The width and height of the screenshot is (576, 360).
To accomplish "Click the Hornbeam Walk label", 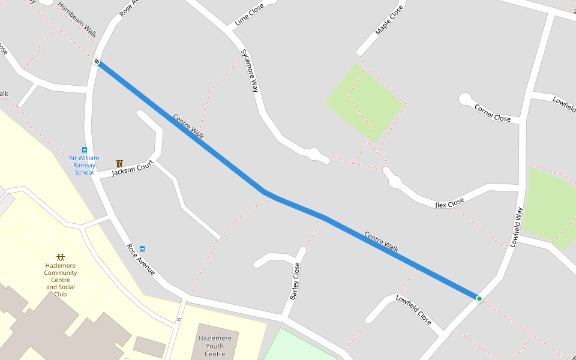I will pos(77,20).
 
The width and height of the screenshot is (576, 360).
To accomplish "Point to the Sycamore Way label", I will pos(250,70).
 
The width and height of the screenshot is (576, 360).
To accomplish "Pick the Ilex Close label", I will pos(449,203).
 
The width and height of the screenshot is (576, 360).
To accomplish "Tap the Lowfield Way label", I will pos(517,227).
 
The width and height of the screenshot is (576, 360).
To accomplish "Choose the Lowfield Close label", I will pos(413,310).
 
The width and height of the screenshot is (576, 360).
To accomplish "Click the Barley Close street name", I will pos(295,281).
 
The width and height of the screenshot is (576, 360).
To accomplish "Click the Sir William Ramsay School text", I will pos(84,165).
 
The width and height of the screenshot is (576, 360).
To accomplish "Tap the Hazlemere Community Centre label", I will pos(60,279).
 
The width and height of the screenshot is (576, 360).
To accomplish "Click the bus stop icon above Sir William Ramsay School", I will pos(84,150).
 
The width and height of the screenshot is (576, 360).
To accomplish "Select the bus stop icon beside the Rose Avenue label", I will pos(142,248).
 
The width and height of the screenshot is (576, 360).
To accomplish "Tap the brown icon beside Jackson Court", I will pos(119,163).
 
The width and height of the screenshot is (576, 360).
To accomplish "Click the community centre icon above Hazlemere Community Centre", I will pos(60,257).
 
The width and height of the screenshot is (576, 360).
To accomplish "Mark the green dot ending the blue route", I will pos(479,298).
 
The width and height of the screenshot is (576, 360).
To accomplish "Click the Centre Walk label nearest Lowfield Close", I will pos(381,241).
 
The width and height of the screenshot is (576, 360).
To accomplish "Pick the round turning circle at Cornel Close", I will pos(465,99).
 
